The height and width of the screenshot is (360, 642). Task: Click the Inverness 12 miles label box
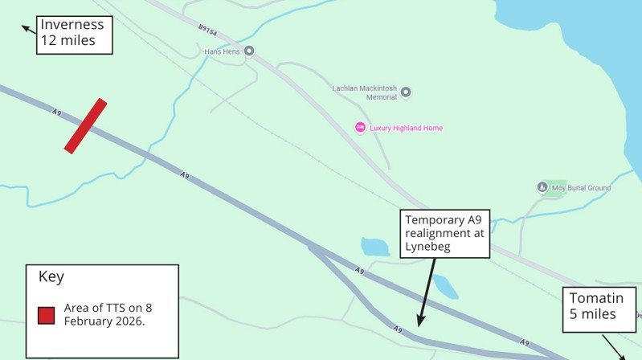73,33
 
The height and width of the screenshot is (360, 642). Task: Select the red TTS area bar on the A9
85,125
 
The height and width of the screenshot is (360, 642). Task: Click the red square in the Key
47,315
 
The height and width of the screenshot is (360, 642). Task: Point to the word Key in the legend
51,277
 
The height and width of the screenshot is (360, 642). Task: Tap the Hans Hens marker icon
249,51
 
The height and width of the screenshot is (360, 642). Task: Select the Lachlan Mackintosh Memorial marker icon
406,92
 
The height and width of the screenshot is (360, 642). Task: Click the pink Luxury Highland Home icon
360,128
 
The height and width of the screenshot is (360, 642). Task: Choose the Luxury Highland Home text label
406,128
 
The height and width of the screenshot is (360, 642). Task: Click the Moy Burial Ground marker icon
542,188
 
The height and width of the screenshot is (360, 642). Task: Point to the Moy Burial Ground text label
582,188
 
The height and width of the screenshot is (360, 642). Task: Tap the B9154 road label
208,31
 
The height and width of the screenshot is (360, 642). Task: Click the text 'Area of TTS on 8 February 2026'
108,314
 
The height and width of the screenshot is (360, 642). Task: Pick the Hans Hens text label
223,51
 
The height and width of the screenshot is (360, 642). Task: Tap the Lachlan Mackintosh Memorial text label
365,92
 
